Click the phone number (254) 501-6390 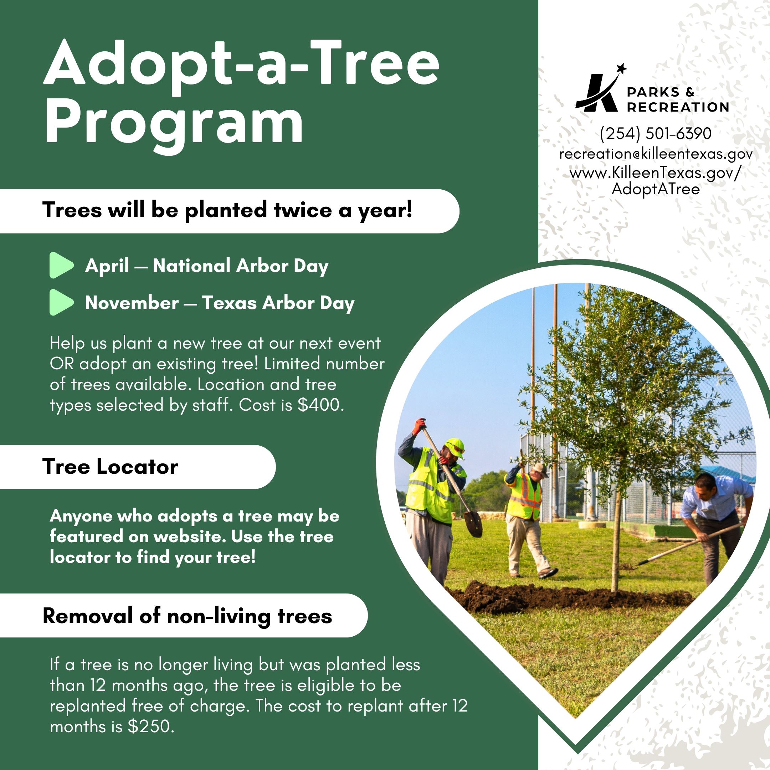click(656, 134)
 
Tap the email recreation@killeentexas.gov click(656, 154)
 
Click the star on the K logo click(621, 68)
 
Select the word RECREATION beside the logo click(678, 107)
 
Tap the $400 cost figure click(320, 405)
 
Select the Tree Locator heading click(110, 467)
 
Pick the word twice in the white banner click(303, 210)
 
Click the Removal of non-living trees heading click(187, 616)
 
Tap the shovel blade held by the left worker click(473, 524)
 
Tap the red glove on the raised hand click(419, 425)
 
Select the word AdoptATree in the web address click(656, 189)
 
